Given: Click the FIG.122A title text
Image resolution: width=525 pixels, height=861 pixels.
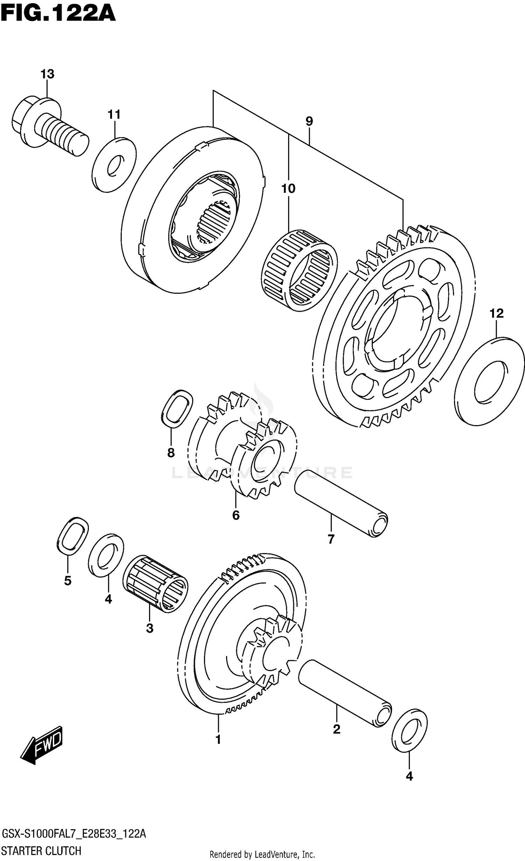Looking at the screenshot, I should pyautogui.click(x=58, y=14).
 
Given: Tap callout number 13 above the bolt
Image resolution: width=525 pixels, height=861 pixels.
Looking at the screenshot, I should pyautogui.click(x=47, y=74).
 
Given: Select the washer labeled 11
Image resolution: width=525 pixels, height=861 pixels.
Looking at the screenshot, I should pyautogui.click(x=114, y=165).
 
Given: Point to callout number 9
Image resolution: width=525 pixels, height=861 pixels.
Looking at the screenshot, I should pyautogui.click(x=309, y=121).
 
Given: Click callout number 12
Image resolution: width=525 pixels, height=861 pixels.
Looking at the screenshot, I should pyautogui.click(x=496, y=313).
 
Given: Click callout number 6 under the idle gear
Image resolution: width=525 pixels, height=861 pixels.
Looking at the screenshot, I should pyautogui.click(x=236, y=515).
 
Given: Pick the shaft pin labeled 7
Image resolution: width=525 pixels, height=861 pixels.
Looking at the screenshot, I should pyautogui.click(x=341, y=506).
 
